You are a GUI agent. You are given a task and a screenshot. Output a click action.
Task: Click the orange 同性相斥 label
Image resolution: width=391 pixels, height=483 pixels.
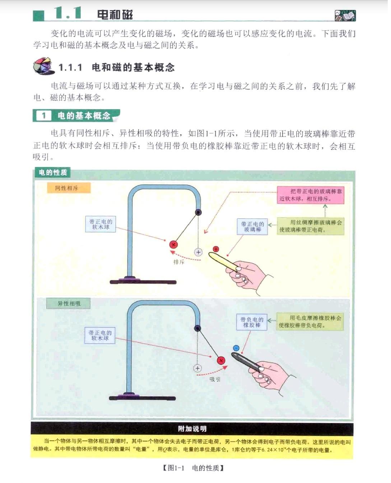(x=69, y=188)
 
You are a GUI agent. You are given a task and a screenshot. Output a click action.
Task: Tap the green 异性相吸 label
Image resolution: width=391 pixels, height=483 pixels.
(x=68, y=303)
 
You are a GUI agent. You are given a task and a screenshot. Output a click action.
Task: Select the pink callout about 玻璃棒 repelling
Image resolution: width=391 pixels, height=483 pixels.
(x=310, y=195)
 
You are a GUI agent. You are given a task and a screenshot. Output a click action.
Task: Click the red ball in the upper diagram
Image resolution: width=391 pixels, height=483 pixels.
(x=173, y=245)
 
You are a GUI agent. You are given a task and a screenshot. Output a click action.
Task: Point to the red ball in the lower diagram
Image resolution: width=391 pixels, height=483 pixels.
(x=221, y=361)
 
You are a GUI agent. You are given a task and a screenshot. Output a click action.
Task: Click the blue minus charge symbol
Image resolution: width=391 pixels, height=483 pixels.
(x=236, y=348)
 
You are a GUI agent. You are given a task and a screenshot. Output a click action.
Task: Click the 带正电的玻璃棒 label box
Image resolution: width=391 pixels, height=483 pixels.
(x=252, y=227)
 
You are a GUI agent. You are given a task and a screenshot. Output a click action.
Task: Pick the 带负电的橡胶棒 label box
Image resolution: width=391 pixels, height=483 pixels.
(x=252, y=322)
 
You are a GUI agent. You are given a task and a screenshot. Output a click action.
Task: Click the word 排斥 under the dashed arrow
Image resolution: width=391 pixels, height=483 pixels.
(x=179, y=262)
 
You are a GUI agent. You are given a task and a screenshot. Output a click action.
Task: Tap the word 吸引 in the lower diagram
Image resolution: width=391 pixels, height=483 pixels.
(x=215, y=379)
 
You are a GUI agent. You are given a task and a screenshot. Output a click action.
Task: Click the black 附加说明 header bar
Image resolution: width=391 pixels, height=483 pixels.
(x=192, y=429)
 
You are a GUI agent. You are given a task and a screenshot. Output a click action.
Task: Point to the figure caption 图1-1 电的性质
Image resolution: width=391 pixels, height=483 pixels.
(x=193, y=468)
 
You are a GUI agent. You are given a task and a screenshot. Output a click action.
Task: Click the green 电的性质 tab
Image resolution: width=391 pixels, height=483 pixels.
(x=52, y=173)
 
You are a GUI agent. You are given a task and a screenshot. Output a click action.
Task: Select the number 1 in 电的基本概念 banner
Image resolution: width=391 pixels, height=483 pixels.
(x=44, y=116)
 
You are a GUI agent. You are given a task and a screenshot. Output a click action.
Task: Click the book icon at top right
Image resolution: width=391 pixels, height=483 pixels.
(x=345, y=15)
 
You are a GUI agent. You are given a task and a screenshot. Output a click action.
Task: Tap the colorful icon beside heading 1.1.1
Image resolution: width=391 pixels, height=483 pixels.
(x=43, y=66)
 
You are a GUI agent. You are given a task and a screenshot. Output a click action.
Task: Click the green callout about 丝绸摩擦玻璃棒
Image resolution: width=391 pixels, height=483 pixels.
(x=310, y=226)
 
